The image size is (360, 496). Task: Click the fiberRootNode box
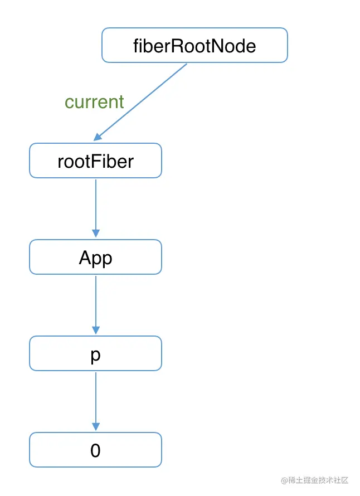194,45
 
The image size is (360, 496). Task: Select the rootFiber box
95,161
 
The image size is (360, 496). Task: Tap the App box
95,257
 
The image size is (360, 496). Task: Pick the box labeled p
95,353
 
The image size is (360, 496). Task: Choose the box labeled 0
95,450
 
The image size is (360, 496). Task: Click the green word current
94,102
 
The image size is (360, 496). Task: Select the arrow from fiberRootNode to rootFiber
142,101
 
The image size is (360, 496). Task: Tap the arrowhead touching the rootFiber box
98,137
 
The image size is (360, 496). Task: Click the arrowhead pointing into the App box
95,234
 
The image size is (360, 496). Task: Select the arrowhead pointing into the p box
95,330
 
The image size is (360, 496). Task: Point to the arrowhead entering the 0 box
95,427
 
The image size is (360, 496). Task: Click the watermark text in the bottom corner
314,480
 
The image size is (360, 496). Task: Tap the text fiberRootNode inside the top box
194,45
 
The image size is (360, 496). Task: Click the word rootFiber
95,161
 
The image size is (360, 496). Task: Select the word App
95,257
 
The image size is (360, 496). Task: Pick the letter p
95,355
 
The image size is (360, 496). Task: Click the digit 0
95,450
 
